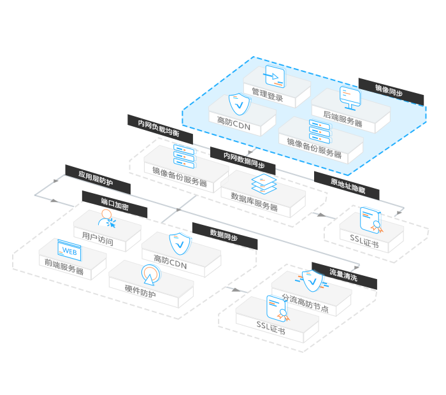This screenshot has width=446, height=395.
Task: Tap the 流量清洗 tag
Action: tap(343, 276)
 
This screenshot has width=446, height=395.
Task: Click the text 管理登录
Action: tap(267, 97)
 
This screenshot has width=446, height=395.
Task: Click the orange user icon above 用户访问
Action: tap(107, 220)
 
